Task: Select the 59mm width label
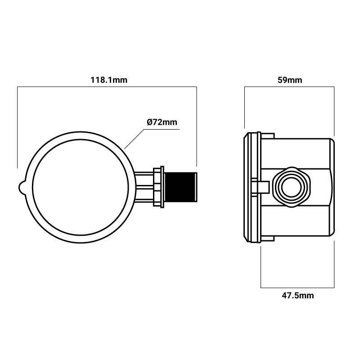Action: pyautogui.click(x=289, y=80)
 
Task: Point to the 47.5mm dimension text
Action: pyautogui.click(x=298, y=296)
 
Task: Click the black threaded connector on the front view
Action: pyautogui.click(x=181, y=187)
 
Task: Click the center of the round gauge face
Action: pyautogui.click(x=79, y=187)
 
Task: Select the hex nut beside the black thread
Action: pyautogui.click(x=158, y=187)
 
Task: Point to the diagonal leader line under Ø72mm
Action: pyautogui.click(x=134, y=139)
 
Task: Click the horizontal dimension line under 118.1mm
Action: pyautogui.click(x=107, y=87)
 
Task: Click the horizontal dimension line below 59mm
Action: pyautogui.click(x=289, y=87)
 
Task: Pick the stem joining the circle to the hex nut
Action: pyautogui.click(x=144, y=187)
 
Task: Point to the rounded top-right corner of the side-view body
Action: pyautogui.click(x=331, y=140)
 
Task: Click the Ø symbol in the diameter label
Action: pyautogui.click(x=149, y=122)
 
